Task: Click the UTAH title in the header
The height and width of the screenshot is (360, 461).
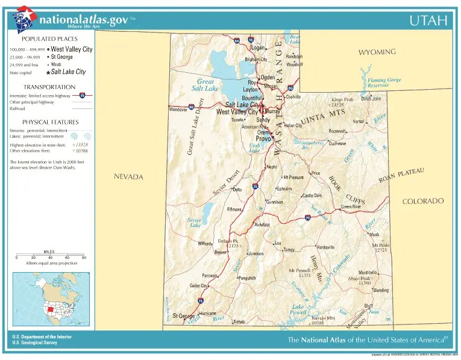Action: (428, 20)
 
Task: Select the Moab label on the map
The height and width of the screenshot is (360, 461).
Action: (375, 234)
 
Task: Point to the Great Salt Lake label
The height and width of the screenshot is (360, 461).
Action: (205, 84)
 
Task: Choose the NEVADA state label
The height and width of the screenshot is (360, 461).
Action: (128, 176)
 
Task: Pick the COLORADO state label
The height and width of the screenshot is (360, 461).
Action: (423, 201)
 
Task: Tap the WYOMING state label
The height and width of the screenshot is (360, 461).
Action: (377, 52)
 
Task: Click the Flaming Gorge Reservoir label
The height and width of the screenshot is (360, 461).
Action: (384, 82)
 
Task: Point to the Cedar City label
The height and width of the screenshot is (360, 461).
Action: (199, 285)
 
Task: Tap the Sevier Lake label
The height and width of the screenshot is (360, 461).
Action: (194, 223)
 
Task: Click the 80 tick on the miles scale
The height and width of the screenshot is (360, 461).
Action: (84, 258)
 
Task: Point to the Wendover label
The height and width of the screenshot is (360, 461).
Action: (178, 110)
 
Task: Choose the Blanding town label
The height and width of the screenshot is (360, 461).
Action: (381, 290)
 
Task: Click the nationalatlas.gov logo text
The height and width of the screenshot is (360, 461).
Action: (83, 20)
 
